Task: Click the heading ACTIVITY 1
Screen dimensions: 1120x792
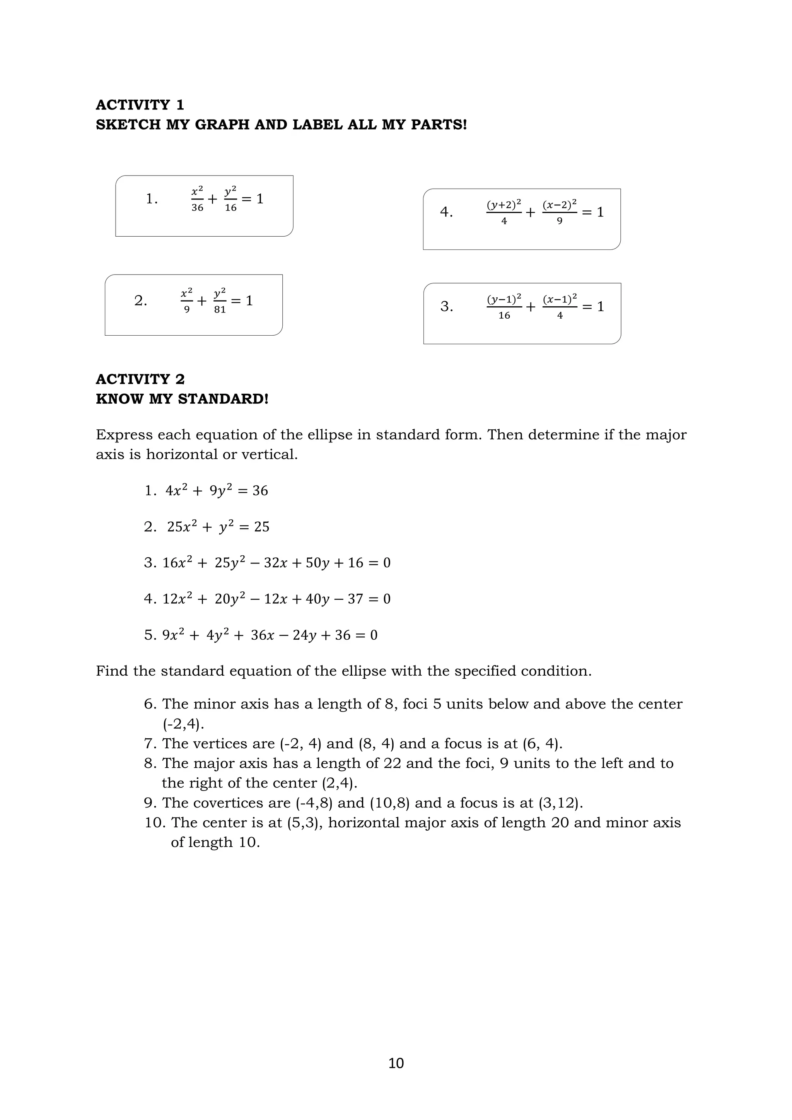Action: click(x=140, y=105)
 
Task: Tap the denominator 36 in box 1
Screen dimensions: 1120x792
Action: click(x=197, y=208)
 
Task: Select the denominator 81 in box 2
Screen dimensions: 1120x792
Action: click(x=220, y=310)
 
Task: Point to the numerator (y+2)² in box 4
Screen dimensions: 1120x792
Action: click(x=504, y=204)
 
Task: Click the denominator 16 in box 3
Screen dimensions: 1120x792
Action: click(x=504, y=316)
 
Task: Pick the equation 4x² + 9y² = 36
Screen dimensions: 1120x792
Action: click(x=217, y=491)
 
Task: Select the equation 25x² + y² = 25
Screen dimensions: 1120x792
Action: click(x=218, y=527)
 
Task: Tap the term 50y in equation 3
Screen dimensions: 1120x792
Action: click(x=317, y=563)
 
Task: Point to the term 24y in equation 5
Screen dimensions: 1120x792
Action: click(x=305, y=635)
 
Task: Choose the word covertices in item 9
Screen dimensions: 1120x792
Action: click(x=243, y=803)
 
